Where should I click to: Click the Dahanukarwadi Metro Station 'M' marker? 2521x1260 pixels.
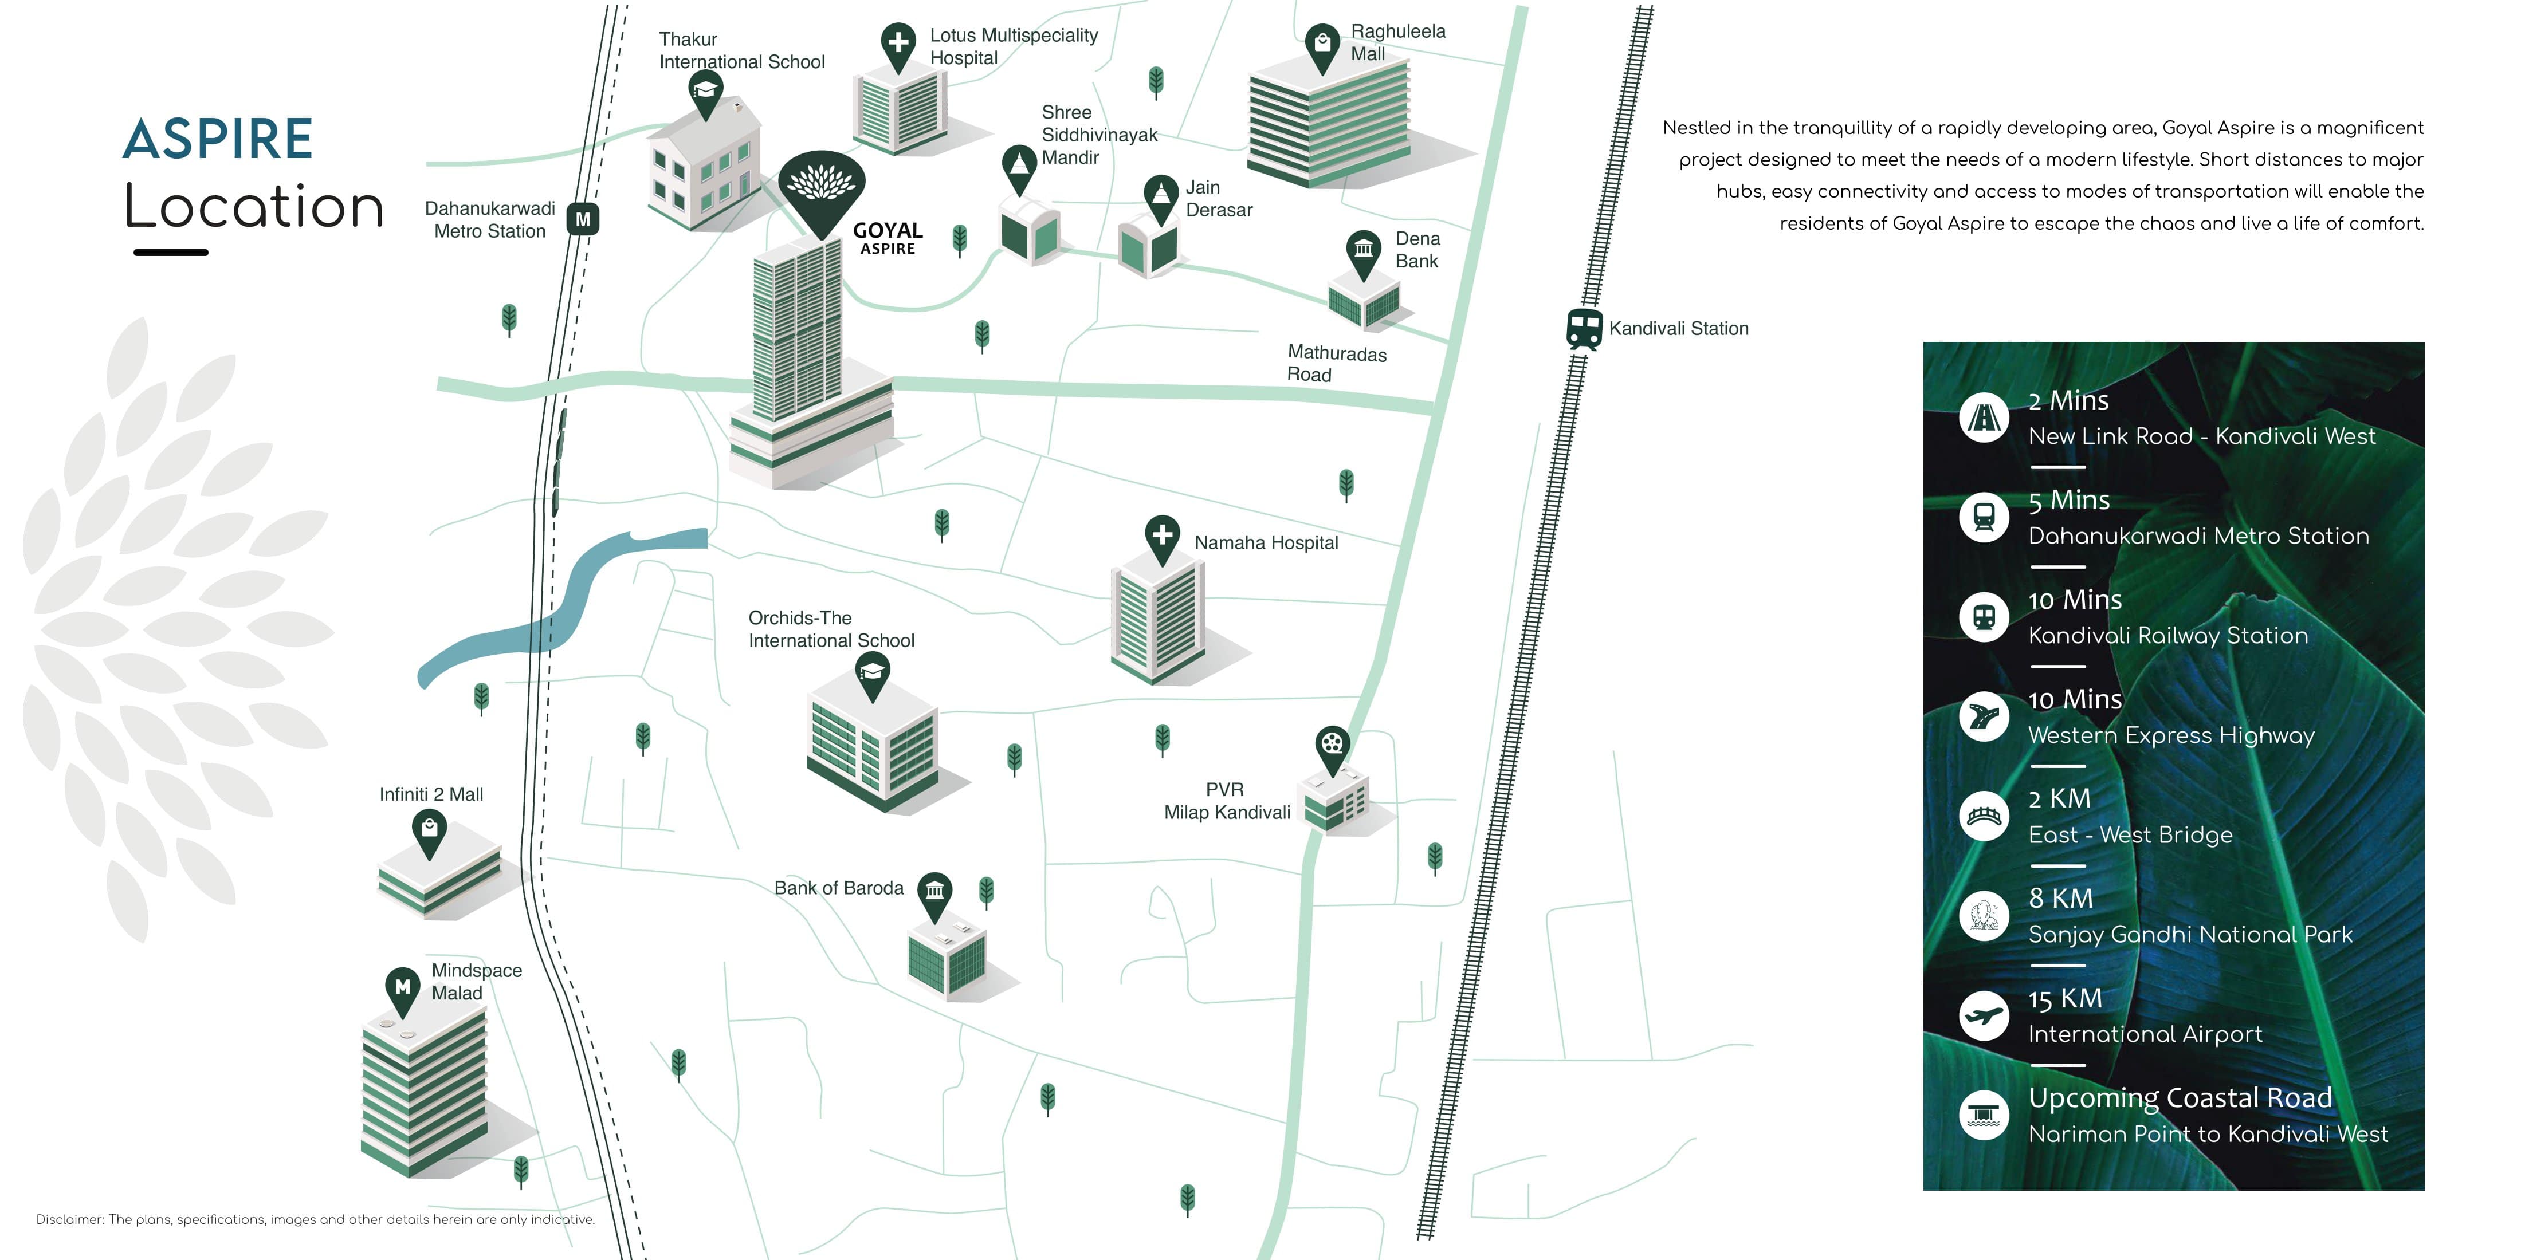583,219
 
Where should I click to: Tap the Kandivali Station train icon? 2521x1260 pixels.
1584,329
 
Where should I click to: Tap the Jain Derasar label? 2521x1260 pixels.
1219,199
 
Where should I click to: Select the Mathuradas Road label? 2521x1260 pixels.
1336,363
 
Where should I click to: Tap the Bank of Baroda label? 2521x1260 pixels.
839,888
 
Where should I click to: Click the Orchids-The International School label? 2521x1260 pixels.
831,629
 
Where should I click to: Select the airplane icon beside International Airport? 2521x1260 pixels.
1984,1017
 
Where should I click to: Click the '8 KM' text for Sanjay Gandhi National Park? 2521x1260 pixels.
2060,898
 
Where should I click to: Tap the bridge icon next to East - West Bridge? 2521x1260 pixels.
1984,817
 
